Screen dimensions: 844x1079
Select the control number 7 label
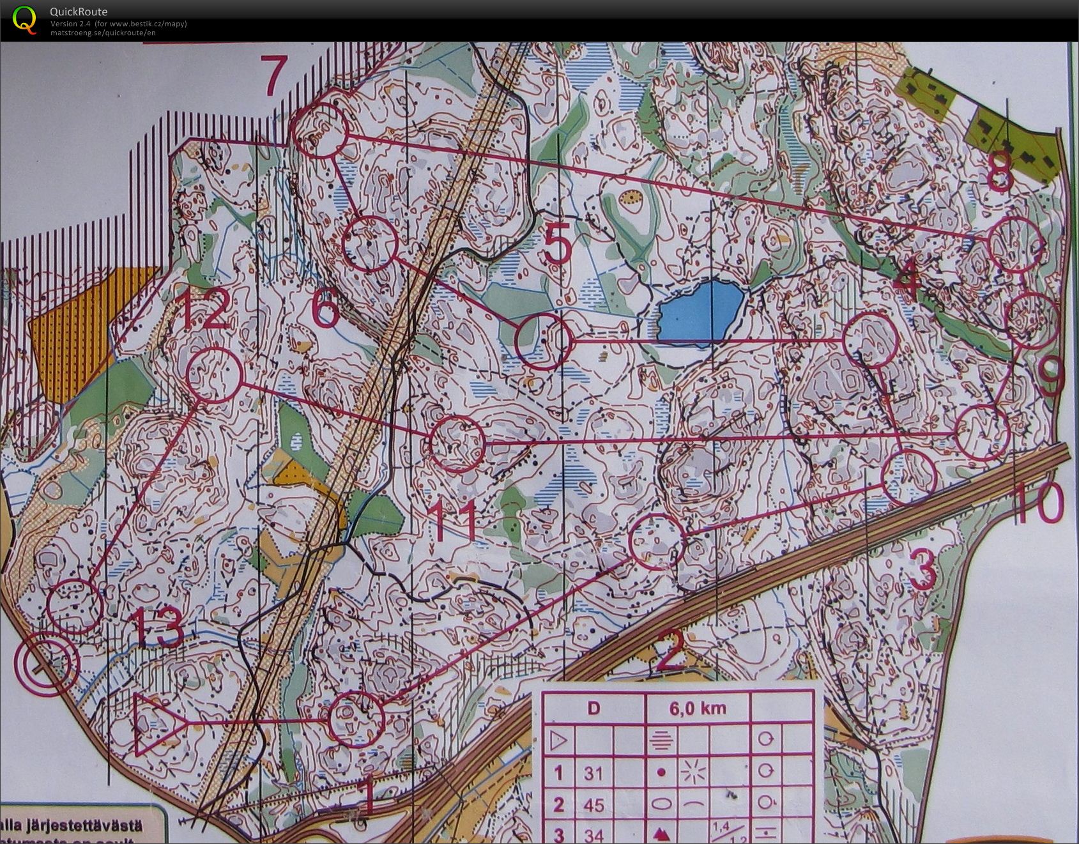coord(273,75)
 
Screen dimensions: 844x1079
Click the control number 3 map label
coord(922,571)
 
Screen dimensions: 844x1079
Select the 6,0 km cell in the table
coord(698,708)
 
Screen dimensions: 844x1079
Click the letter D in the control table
coord(593,708)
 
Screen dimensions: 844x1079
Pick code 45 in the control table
coord(593,804)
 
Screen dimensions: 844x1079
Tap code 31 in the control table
coord(593,773)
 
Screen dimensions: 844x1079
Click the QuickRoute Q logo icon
coord(24,19)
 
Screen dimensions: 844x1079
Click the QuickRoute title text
coord(79,12)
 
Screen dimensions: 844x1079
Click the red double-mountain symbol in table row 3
coord(661,833)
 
